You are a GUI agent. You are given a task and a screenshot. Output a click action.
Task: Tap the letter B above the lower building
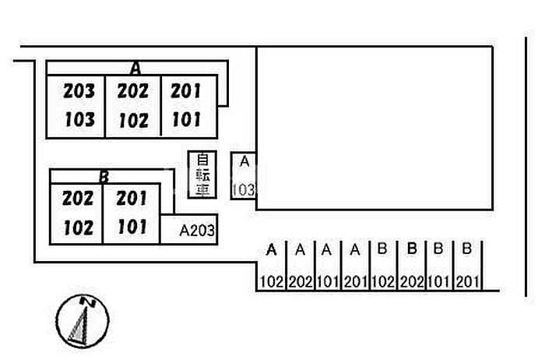(104, 177)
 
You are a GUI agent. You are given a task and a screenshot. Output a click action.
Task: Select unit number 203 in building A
(79, 91)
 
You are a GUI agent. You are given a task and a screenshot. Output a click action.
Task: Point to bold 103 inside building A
(79, 120)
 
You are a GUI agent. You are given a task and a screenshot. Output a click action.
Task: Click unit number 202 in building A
(132, 91)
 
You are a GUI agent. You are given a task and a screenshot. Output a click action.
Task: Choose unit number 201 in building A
(185, 91)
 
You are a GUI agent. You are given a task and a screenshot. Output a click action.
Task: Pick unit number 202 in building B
(77, 199)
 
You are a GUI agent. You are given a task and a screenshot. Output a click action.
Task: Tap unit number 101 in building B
(132, 228)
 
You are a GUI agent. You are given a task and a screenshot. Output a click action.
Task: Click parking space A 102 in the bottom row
(271, 266)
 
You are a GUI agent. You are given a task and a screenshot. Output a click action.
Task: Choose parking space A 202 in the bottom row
(300, 266)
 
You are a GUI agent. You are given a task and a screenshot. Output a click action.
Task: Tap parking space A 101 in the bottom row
(328, 266)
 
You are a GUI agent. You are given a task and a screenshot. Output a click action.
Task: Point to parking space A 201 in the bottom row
(355, 266)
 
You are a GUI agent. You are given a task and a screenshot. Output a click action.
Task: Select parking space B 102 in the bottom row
(382, 266)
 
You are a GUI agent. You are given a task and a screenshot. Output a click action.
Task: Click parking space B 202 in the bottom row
(411, 266)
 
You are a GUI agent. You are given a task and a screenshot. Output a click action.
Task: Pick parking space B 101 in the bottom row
(438, 266)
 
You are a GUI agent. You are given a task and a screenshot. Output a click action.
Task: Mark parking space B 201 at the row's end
(466, 266)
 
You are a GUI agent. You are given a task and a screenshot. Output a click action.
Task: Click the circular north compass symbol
(83, 321)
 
